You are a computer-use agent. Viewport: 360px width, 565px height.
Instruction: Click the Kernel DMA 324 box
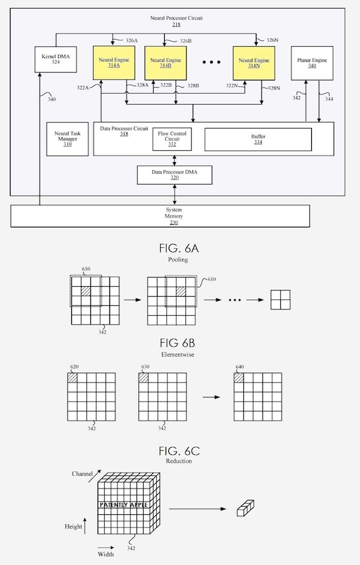(x=55, y=59)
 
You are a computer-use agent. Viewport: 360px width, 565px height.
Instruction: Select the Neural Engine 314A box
(x=114, y=63)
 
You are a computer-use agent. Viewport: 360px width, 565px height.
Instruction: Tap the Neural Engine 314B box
(x=165, y=63)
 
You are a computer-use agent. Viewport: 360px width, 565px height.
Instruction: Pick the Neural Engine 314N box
(x=254, y=63)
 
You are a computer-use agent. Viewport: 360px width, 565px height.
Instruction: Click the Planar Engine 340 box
(x=312, y=63)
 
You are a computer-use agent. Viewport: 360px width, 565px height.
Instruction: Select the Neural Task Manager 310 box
(x=67, y=139)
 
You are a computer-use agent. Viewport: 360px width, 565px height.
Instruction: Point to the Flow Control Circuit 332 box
(x=172, y=139)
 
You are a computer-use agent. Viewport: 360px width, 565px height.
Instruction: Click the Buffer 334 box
(x=258, y=140)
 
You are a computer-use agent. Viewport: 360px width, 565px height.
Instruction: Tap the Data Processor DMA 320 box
(x=175, y=175)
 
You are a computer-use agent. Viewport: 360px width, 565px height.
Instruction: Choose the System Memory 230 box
(x=160, y=216)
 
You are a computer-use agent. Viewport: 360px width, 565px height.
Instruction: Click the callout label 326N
(x=272, y=40)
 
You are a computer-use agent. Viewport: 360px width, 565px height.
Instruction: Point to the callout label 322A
(x=82, y=87)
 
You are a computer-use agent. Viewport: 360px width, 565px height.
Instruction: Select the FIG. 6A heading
(x=179, y=249)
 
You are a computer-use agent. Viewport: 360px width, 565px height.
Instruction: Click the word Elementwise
(x=177, y=355)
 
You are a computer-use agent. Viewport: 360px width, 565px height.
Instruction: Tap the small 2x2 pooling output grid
(x=280, y=300)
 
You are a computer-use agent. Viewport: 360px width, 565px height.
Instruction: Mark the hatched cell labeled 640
(x=239, y=378)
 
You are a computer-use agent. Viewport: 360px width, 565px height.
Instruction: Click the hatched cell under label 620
(x=72, y=378)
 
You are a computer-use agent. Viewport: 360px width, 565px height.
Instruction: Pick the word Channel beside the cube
(x=82, y=474)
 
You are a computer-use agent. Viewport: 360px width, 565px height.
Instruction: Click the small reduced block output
(x=245, y=508)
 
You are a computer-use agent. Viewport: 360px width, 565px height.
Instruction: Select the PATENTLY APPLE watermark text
(x=123, y=505)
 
